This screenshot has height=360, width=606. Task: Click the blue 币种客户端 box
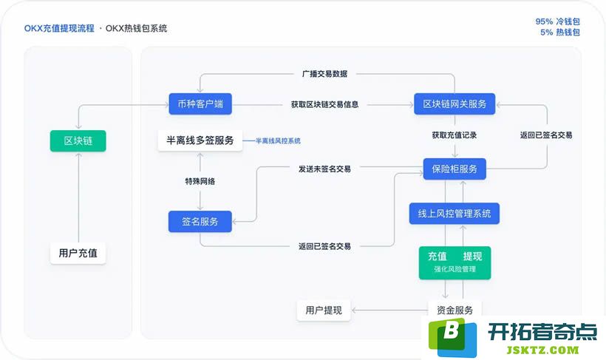pyautogui.click(x=200, y=103)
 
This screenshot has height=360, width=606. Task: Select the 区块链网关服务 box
pyautogui.click(x=454, y=103)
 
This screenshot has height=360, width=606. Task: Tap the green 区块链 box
pyautogui.click(x=78, y=140)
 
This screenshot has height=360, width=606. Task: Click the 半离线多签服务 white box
pyautogui.click(x=200, y=140)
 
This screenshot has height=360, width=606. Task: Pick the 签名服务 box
pyautogui.click(x=200, y=222)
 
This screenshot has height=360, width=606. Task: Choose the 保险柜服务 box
pyautogui.click(x=454, y=169)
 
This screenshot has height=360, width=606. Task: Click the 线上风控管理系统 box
pyautogui.click(x=454, y=214)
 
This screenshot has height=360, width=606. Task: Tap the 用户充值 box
pyautogui.click(x=78, y=254)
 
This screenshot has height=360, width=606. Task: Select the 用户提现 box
pyautogui.click(x=324, y=310)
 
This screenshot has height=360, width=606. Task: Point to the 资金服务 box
pyautogui.click(x=455, y=310)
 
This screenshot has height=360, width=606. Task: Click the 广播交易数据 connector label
pyautogui.click(x=324, y=74)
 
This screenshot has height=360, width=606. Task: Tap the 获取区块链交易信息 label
pyautogui.click(x=324, y=104)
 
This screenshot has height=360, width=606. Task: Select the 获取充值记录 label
pyautogui.click(x=454, y=135)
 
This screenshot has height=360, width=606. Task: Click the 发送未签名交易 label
pyautogui.click(x=324, y=169)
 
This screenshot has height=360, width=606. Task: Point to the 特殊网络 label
pyautogui.click(x=200, y=181)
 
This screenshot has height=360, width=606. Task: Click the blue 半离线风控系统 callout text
pyautogui.click(x=279, y=140)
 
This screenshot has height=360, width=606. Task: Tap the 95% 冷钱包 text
pyautogui.click(x=558, y=21)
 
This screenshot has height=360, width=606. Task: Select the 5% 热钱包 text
pyautogui.click(x=560, y=33)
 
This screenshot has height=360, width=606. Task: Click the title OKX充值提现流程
pyautogui.click(x=59, y=28)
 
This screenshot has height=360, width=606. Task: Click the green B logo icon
pyautogui.click(x=452, y=337)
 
